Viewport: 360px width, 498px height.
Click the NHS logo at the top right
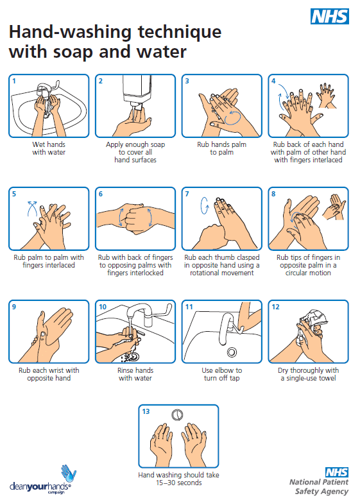(329, 17)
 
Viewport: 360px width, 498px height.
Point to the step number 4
(274, 82)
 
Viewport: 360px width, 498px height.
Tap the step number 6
(101, 194)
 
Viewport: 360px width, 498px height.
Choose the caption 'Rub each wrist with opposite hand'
(49, 374)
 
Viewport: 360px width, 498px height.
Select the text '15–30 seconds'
(178, 483)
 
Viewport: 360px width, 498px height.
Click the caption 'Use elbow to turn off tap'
(221, 374)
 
